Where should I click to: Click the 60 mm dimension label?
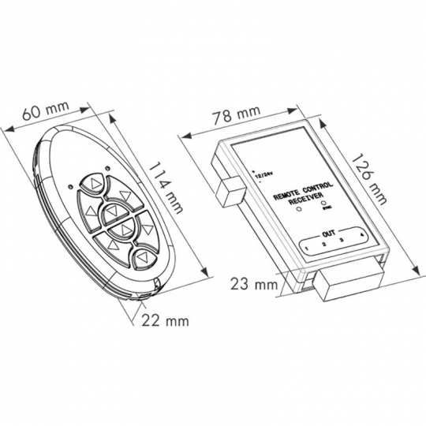[x=43, y=113]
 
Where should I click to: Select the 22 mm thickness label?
[x=166, y=320]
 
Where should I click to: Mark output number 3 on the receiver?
[x=342, y=241]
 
